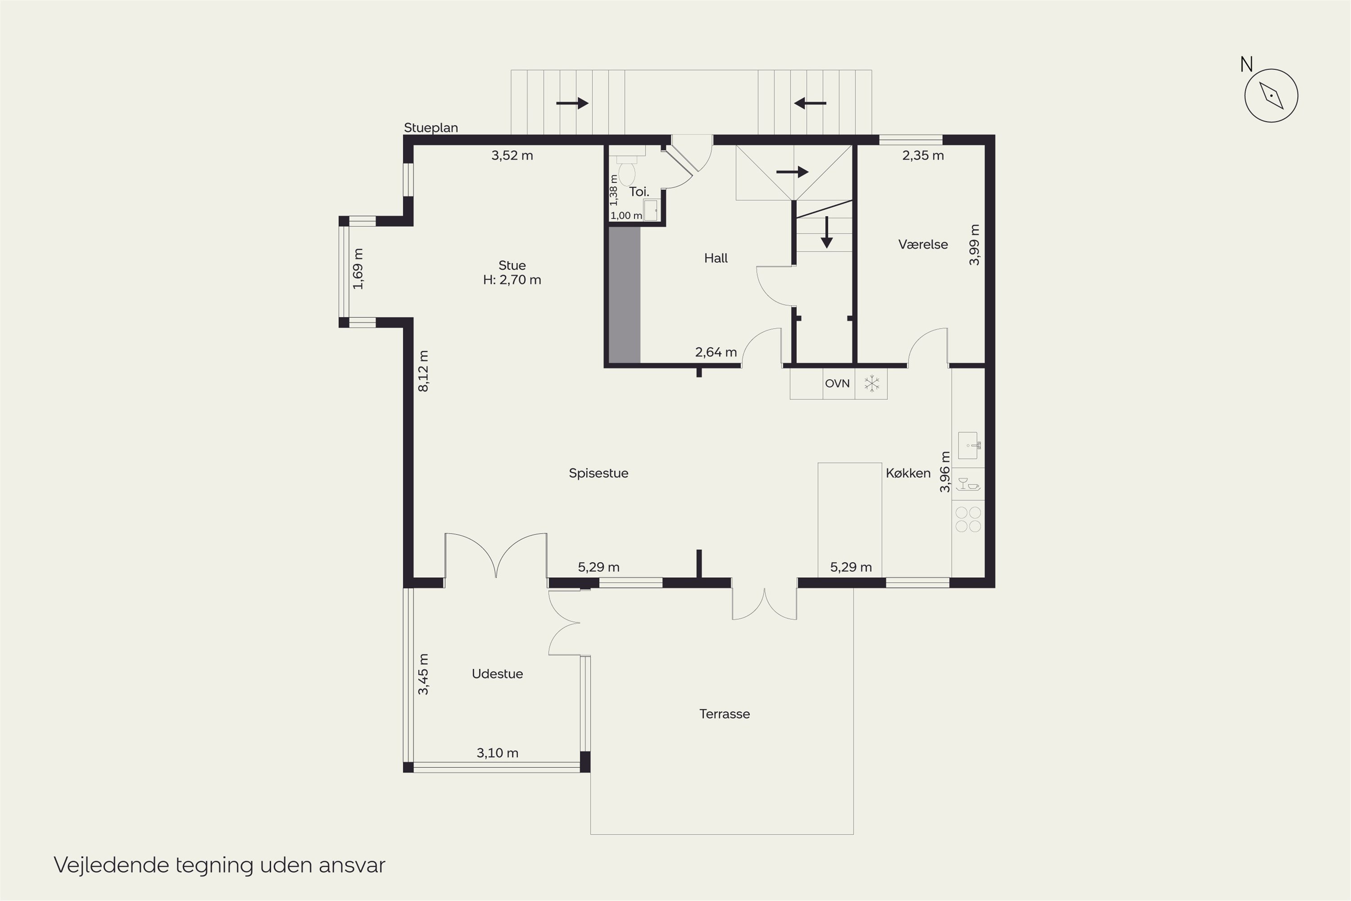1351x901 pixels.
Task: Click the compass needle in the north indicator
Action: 1271,96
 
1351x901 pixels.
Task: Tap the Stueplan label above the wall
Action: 431,127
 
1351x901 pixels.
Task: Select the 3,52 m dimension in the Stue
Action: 512,155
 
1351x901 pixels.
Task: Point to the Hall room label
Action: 716,258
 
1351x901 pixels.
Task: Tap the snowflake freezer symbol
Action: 871,383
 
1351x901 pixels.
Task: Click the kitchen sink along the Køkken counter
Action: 969,446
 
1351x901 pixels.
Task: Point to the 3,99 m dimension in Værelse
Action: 974,244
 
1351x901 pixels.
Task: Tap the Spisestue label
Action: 598,473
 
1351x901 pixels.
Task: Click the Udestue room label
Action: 498,673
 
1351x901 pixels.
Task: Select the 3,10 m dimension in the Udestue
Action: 498,753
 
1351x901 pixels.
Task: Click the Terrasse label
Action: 724,714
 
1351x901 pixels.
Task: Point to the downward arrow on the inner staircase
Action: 826,232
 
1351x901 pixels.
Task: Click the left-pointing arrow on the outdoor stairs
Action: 810,104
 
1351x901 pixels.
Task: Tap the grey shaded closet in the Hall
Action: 624,295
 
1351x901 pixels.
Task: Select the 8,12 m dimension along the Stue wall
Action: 423,371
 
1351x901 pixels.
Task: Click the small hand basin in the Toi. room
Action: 651,210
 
